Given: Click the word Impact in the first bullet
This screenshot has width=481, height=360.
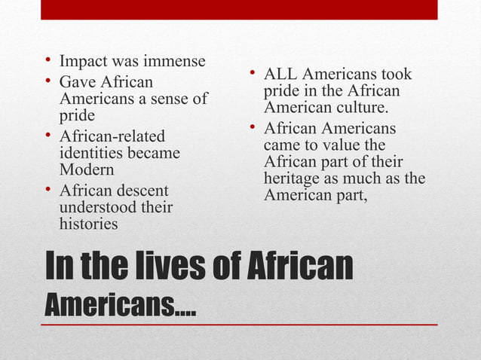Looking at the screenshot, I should pyautogui.click(x=82, y=61).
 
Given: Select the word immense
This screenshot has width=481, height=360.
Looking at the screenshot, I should pyautogui.click(x=172, y=61).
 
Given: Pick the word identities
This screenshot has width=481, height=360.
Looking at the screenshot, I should pyautogui.click(x=90, y=154).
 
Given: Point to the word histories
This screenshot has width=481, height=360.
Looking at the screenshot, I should pyautogui.click(x=88, y=224).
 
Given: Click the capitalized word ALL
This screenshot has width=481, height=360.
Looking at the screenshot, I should pyautogui.click(x=280, y=75).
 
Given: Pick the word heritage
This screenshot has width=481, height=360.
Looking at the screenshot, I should pyautogui.click(x=293, y=178).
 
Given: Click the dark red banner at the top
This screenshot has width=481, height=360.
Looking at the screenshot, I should pyautogui.click(x=239, y=9).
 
